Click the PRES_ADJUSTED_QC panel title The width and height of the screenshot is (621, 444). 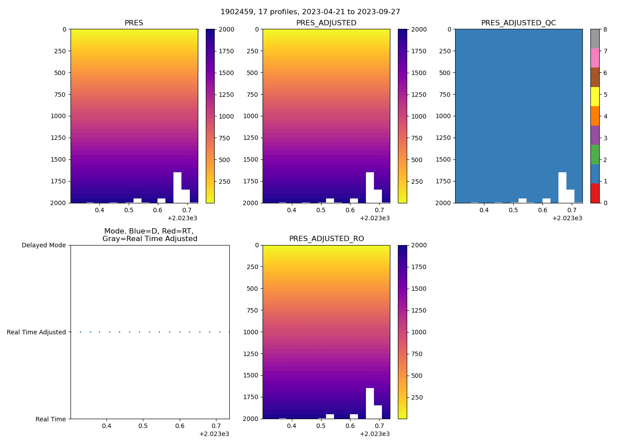[x=519, y=23]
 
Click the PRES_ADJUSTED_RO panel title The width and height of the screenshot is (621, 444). [x=326, y=239]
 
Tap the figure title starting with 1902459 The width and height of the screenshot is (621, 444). [x=310, y=12]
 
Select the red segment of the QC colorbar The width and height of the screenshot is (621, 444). [x=595, y=193]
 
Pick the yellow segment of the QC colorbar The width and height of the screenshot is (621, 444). [x=595, y=96]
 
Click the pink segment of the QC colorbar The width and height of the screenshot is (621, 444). [x=595, y=58]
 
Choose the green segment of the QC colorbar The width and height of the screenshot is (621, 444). [x=595, y=154]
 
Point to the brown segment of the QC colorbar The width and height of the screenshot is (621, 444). [x=595, y=77]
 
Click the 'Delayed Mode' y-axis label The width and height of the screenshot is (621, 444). [x=43, y=245]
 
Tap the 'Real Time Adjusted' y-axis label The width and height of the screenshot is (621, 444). [x=36, y=332]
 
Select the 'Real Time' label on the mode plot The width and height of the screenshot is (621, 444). [x=51, y=419]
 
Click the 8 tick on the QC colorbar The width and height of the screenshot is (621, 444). [x=605, y=29]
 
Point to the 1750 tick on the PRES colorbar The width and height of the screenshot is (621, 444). [x=227, y=51]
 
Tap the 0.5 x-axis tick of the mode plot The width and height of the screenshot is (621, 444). [x=143, y=426]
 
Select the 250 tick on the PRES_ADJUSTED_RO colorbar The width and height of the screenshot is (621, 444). [x=417, y=397]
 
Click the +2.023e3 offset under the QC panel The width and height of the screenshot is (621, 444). [x=567, y=218]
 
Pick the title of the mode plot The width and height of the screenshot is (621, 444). [x=149, y=235]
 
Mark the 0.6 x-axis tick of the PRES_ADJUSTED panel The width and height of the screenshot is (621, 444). [x=350, y=210]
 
